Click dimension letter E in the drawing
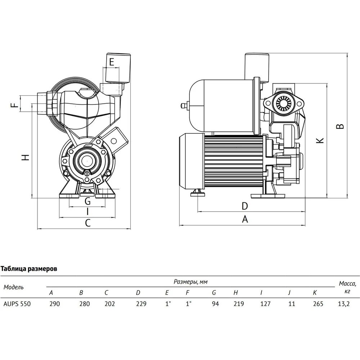pos(112,62)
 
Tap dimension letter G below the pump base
pos(87,201)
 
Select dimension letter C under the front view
pos(87,223)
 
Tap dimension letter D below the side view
pos(244,206)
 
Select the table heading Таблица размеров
pos(30,269)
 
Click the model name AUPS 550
pos(17,303)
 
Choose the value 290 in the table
pos(55,303)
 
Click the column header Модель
pos(14,287)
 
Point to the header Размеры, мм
pos(191,281)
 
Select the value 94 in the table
pos(215,303)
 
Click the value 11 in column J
pos(292,303)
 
